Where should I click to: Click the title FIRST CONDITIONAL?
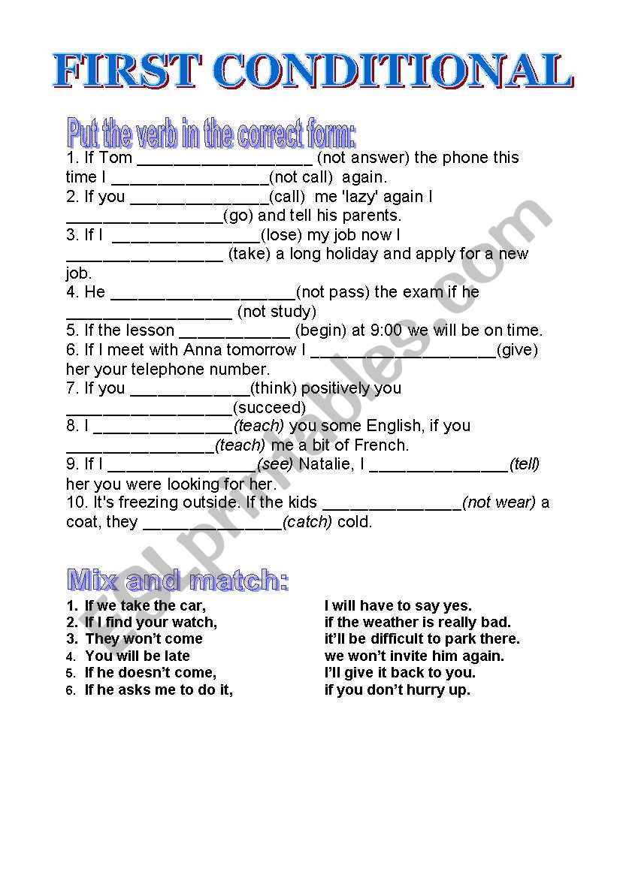[x=312, y=71]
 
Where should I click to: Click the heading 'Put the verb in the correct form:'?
[x=211, y=134]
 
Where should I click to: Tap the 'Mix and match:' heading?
[x=178, y=581]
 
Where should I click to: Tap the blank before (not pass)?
[x=202, y=292]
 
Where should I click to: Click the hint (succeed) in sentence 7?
[x=269, y=408]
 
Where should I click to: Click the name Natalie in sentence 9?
[x=325, y=465]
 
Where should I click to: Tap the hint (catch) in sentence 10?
[x=307, y=522]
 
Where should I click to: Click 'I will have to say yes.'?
[x=398, y=606]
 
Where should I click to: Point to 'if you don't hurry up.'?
[x=398, y=690]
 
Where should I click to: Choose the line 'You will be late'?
[x=138, y=656]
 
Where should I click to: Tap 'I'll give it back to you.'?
[x=400, y=673]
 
